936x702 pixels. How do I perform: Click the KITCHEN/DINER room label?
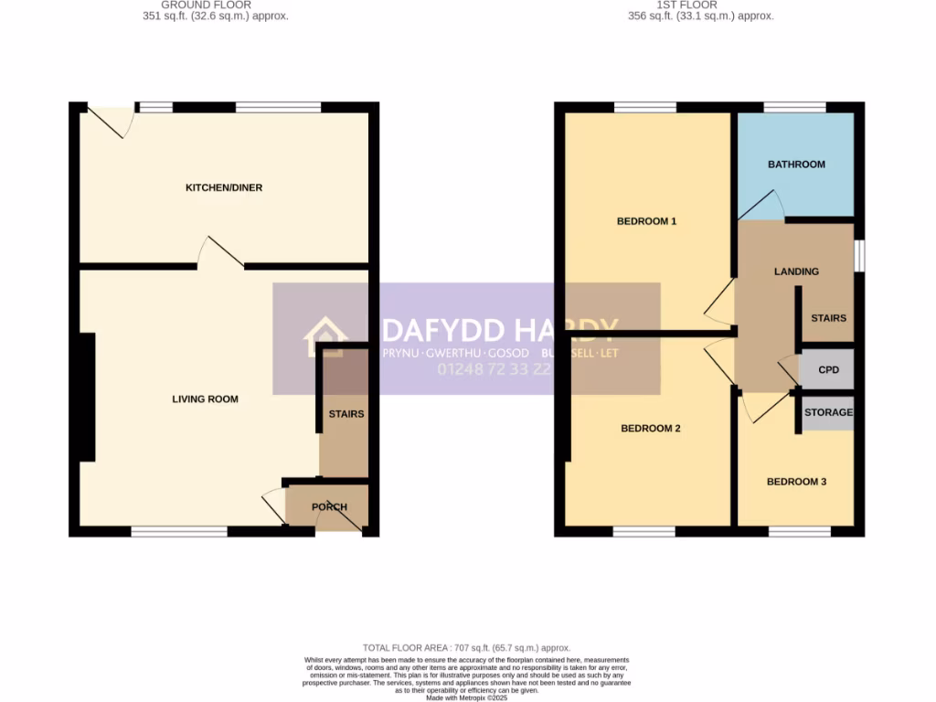[x=224, y=188]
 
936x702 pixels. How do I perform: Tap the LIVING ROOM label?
[x=206, y=399]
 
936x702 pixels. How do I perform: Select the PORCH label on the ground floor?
[x=330, y=507]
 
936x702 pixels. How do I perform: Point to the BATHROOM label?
[x=796, y=165]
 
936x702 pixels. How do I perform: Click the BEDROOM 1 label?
[x=646, y=221]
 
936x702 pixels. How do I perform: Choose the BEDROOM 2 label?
[x=651, y=429]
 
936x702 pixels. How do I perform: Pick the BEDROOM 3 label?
[x=796, y=482]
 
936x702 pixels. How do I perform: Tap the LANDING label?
[x=796, y=271]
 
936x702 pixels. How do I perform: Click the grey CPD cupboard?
[x=828, y=370]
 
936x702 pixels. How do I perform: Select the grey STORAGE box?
[x=828, y=413]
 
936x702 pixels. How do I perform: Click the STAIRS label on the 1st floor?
[x=829, y=319]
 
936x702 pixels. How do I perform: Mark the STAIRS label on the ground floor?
[x=346, y=414]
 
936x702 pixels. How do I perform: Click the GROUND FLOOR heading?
[x=207, y=5]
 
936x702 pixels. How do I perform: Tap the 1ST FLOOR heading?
[x=701, y=5]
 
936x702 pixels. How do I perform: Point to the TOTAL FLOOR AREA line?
[x=467, y=646]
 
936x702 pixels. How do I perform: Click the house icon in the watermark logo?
[x=325, y=337]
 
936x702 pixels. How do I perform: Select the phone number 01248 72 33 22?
[x=495, y=369]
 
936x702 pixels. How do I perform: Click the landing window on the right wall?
[x=859, y=256]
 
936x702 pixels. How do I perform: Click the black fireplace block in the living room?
[x=87, y=397]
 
